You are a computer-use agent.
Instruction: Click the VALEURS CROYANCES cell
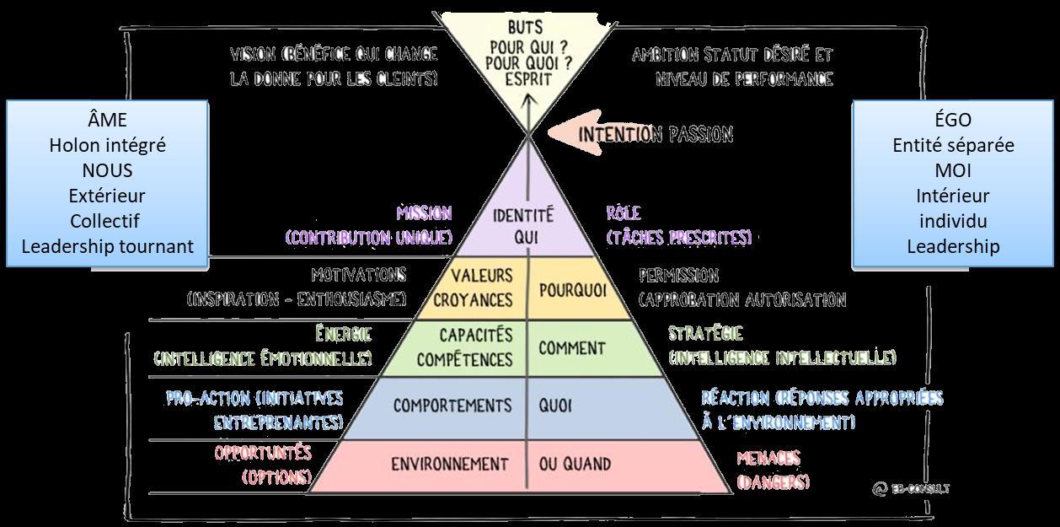click(481, 288)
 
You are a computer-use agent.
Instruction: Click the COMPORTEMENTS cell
click(452, 406)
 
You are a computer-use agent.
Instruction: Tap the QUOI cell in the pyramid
click(555, 406)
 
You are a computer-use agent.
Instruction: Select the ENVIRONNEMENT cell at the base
click(450, 464)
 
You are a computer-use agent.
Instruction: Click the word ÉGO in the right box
click(952, 120)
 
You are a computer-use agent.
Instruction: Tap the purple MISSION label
click(424, 213)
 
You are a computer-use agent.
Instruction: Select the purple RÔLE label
click(624, 213)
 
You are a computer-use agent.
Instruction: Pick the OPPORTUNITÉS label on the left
click(263, 453)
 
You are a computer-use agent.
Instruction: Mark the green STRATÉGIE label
click(705, 334)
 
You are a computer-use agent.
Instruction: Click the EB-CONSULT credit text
click(912, 488)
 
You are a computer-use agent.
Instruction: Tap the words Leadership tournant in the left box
click(107, 246)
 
